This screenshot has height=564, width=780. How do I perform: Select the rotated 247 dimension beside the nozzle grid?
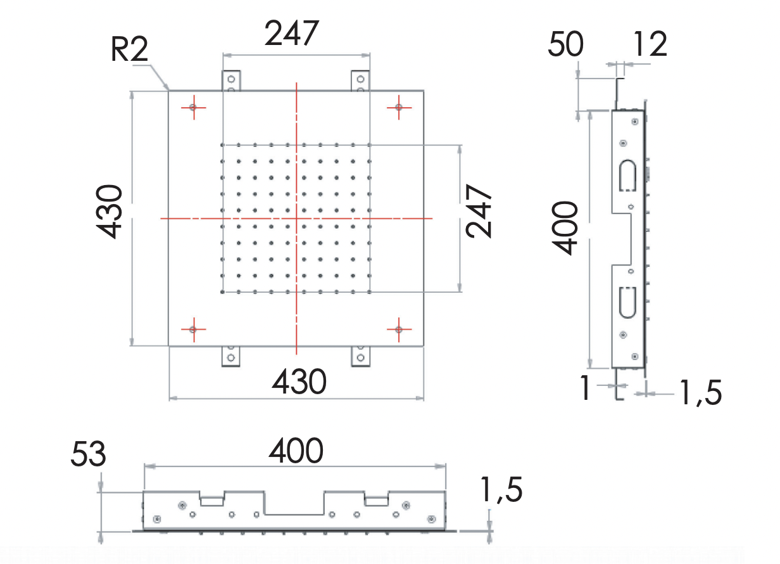click(479, 211)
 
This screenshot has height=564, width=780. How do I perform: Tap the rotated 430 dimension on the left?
click(110, 211)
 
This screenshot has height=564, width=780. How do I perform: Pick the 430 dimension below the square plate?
click(299, 382)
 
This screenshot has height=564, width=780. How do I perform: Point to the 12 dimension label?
click(649, 45)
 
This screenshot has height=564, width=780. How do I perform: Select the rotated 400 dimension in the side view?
click(565, 228)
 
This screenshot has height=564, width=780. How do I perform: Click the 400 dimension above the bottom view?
click(296, 451)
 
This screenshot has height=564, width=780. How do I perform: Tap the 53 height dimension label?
click(88, 454)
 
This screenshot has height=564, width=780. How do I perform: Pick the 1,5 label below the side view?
click(700, 394)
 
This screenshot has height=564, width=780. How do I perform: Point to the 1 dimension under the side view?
click(586, 388)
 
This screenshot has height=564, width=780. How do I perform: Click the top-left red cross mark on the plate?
click(193, 108)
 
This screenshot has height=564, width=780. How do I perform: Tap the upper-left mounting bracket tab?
click(231, 80)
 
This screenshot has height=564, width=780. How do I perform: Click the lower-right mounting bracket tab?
click(360, 356)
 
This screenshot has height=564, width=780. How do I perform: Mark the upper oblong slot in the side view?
click(627, 175)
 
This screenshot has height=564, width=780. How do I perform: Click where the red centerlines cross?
click(296, 218)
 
